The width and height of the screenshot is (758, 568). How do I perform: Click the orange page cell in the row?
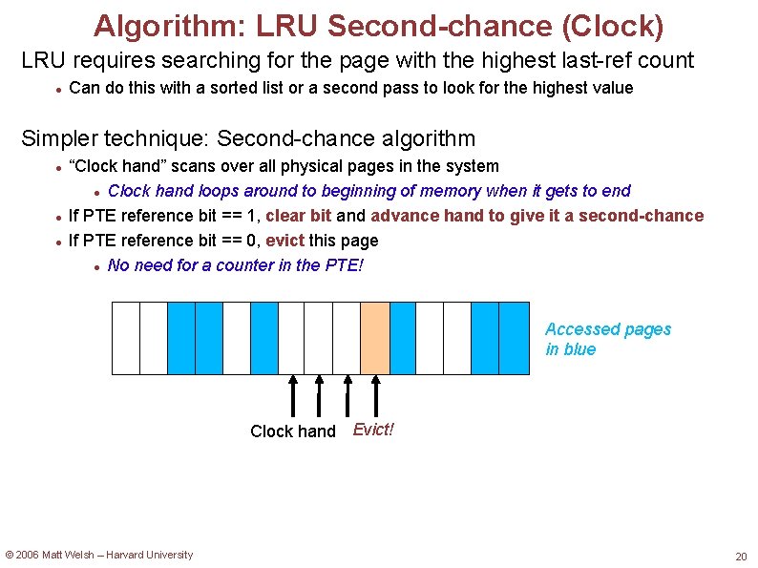[375, 338]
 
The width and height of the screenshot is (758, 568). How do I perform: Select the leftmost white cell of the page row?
[126, 338]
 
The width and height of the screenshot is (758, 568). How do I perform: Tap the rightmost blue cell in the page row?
[514, 338]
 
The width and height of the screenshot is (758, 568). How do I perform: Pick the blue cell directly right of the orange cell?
[403, 338]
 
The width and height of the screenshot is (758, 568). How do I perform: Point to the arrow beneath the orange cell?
[375, 396]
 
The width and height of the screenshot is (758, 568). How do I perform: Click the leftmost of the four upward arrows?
[292, 396]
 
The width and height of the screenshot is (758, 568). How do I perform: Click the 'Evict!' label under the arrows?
[373, 430]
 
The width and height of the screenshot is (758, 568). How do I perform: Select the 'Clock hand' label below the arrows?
[293, 431]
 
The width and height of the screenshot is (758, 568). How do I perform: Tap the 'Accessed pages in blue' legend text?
[607, 339]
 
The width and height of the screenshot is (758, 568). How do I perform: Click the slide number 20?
[741, 557]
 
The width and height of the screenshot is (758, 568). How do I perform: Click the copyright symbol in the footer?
[10, 555]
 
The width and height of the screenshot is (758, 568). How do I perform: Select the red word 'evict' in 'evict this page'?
[285, 241]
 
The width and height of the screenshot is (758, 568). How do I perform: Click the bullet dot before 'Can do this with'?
[58, 89]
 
